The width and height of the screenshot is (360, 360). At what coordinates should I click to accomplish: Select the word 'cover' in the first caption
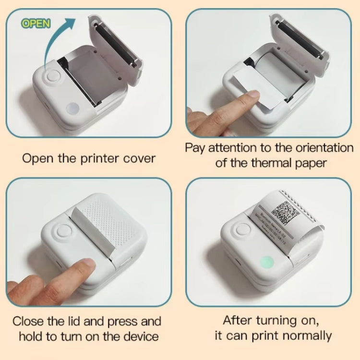(x=138, y=158)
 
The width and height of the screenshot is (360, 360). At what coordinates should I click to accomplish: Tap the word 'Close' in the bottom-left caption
(x=30, y=321)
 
